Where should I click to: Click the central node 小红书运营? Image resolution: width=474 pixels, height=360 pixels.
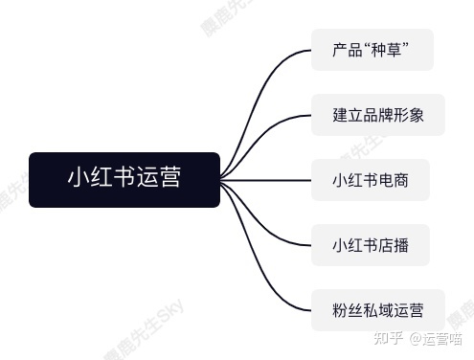(124, 179)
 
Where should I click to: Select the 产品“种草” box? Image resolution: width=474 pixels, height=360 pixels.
(372, 50)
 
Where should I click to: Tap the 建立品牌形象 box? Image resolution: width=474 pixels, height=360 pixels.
(377, 115)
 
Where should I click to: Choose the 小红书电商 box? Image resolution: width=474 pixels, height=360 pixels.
(370, 180)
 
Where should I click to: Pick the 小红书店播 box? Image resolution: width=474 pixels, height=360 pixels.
(370, 245)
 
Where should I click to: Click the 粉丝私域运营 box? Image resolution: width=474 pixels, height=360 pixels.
(377, 310)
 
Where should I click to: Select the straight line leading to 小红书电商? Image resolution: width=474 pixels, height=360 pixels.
(268, 180)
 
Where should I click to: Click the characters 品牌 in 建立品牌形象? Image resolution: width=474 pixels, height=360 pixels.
(377, 115)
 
